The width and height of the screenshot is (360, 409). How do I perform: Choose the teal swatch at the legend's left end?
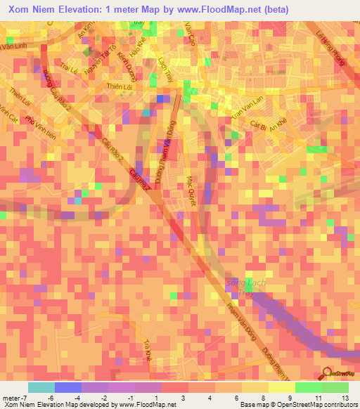click(x=41, y=387)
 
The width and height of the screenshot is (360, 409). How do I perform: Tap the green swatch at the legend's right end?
click(x=335, y=387)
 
